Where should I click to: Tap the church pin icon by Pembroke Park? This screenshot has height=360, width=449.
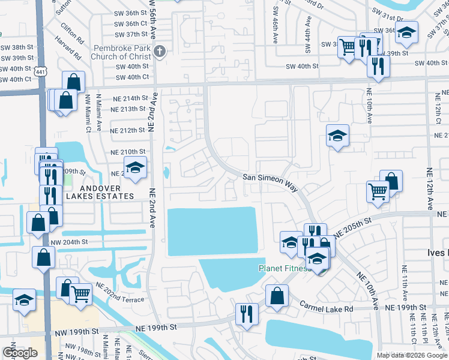[159, 52]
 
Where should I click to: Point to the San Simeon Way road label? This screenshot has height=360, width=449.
[270, 182]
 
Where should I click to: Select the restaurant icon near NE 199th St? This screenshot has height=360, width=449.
[247, 314]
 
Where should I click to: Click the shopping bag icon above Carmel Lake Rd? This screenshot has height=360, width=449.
[276, 295]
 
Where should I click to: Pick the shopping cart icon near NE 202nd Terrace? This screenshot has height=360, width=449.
[80, 293]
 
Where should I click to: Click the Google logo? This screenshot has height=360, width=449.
[20, 353]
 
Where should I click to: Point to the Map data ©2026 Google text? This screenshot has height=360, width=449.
[411, 355]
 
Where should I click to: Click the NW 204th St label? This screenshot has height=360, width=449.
[70, 242]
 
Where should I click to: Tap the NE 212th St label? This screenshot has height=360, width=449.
[128, 130]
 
